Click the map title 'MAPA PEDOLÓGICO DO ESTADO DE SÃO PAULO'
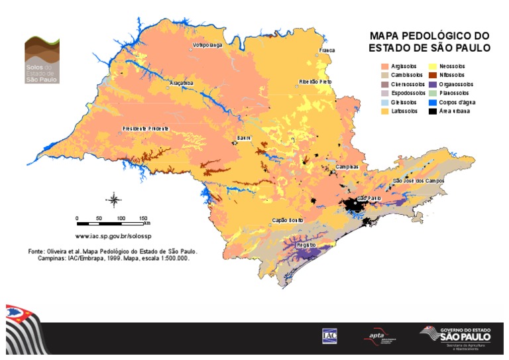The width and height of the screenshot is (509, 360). [429, 42]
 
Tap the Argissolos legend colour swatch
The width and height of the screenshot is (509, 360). [384, 66]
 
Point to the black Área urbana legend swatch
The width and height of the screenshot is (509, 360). [434, 111]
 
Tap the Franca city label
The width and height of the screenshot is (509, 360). [327, 50]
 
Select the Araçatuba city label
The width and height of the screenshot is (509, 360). [181, 83]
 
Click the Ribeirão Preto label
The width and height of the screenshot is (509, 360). [315, 81]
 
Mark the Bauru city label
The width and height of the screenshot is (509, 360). [244, 137]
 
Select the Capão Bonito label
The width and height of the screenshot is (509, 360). [288, 219]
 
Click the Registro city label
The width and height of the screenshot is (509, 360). [306, 245]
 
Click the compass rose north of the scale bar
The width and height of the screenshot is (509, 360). [113, 199]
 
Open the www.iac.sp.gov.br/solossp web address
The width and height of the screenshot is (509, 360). [113, 235]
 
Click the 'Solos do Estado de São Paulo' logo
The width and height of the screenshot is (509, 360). [42, 60]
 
